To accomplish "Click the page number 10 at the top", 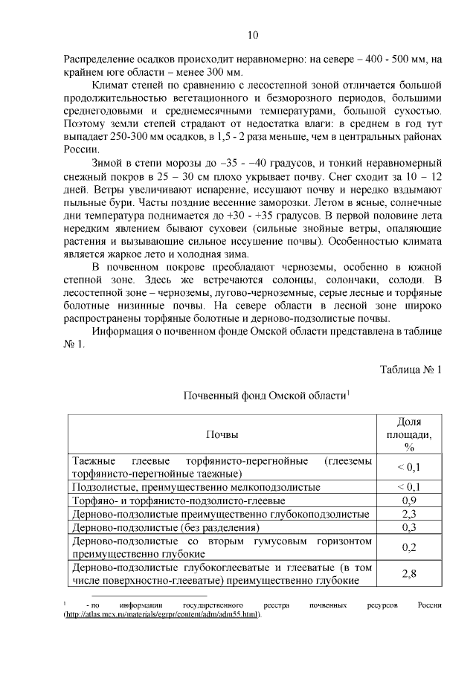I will pyautogui.click(x=252, y=35).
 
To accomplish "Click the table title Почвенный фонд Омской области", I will pyautogui.click(x=265, y=396).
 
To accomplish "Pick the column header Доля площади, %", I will pyautogui.click(x=408, y=434).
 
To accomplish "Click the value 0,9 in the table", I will pyautogui.click(x=408, y=500).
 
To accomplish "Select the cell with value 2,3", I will pyautogui.click(x=408, y=514).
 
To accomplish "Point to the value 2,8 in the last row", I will pyautogui.click(x=408, y=574).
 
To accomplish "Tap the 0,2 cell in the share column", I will pyautogui.click(x=408, y=547).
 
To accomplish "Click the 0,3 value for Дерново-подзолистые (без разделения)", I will pyautogui.click(x=408, y=527).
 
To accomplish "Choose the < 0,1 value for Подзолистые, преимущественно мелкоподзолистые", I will pyautogui.click(x=408, y=487).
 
